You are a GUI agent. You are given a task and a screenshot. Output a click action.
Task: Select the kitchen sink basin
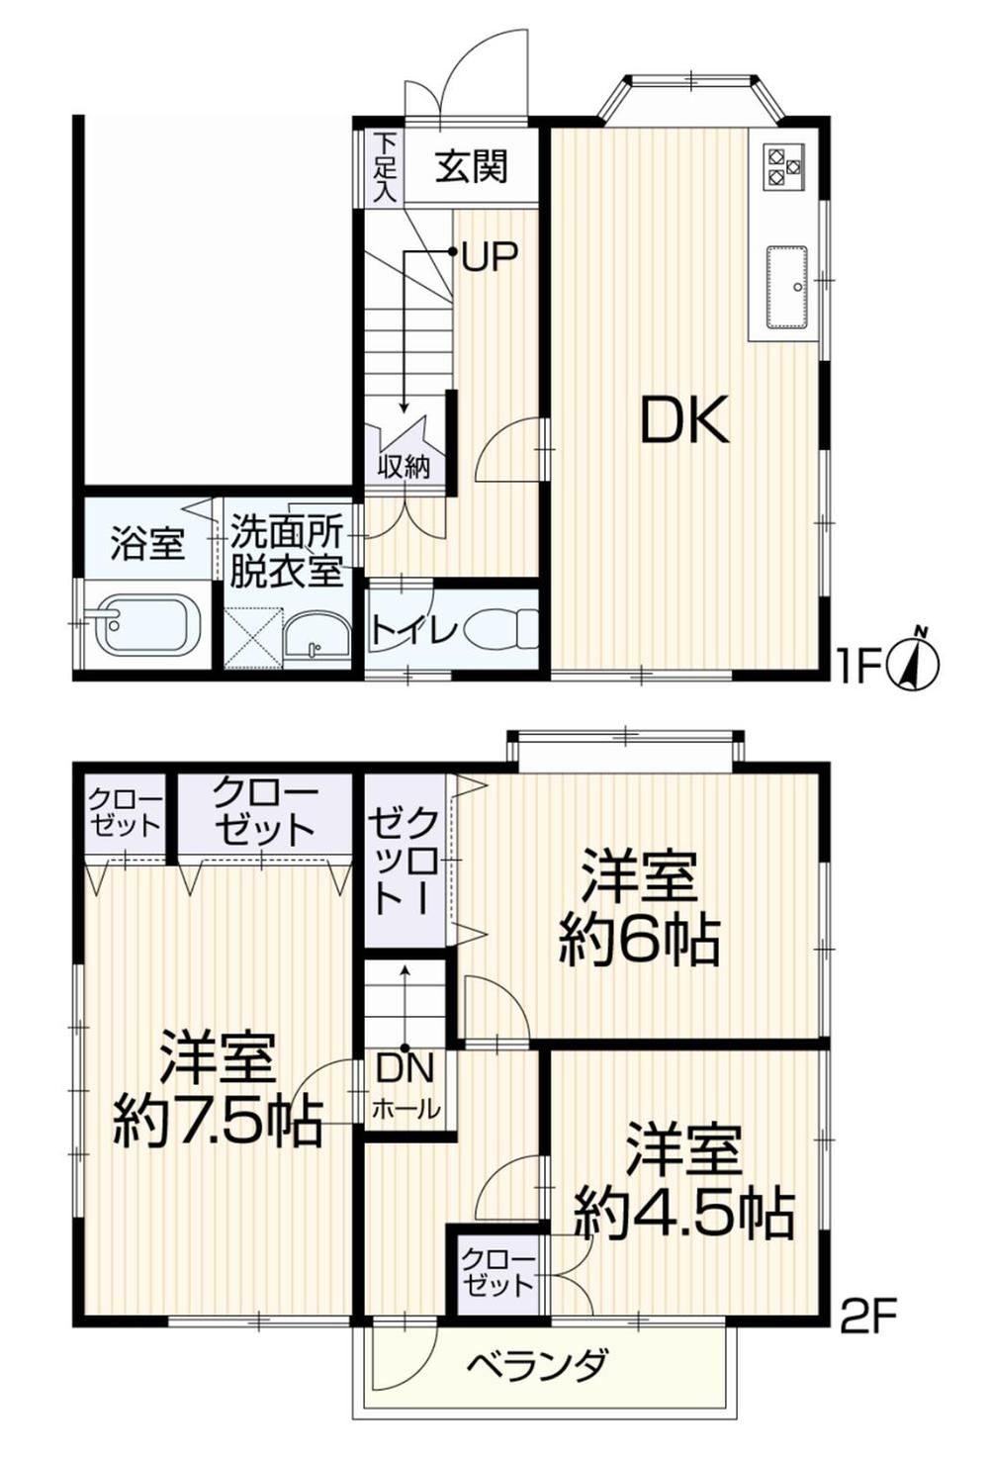point(787,288)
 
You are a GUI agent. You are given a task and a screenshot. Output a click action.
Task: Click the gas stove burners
point(785,166)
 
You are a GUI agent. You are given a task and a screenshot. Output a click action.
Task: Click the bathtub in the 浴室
point(147,626)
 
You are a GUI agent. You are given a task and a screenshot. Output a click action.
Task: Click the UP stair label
point(490,257)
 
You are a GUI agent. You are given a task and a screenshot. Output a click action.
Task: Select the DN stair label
point(405,1069)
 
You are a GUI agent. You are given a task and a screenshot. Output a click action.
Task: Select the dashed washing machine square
point(253,637)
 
